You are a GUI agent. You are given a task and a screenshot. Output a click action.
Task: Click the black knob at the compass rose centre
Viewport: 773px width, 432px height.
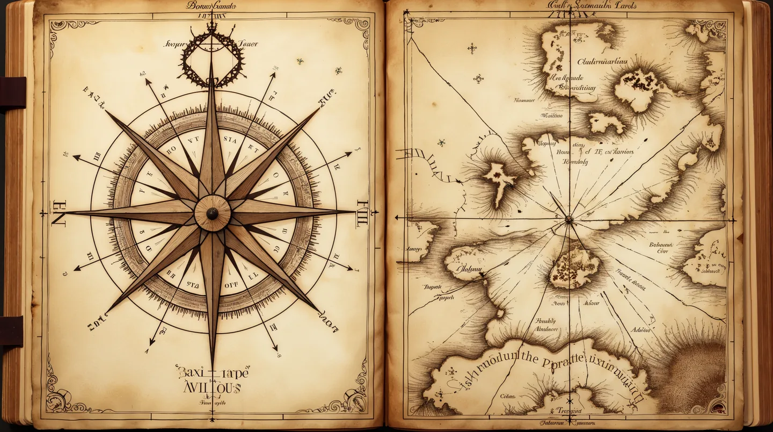click(x=212, y=213)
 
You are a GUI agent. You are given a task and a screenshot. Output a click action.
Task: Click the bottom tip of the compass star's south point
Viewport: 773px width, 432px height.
click(x=213, y=365)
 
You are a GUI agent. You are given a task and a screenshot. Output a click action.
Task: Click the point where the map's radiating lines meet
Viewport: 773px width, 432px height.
click(x=568, y=219)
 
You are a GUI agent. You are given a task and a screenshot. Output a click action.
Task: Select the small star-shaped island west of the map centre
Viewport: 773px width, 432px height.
click(x=499, y=180)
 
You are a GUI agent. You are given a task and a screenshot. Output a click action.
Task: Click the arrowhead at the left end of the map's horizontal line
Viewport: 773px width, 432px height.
click(x=398, y=218)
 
